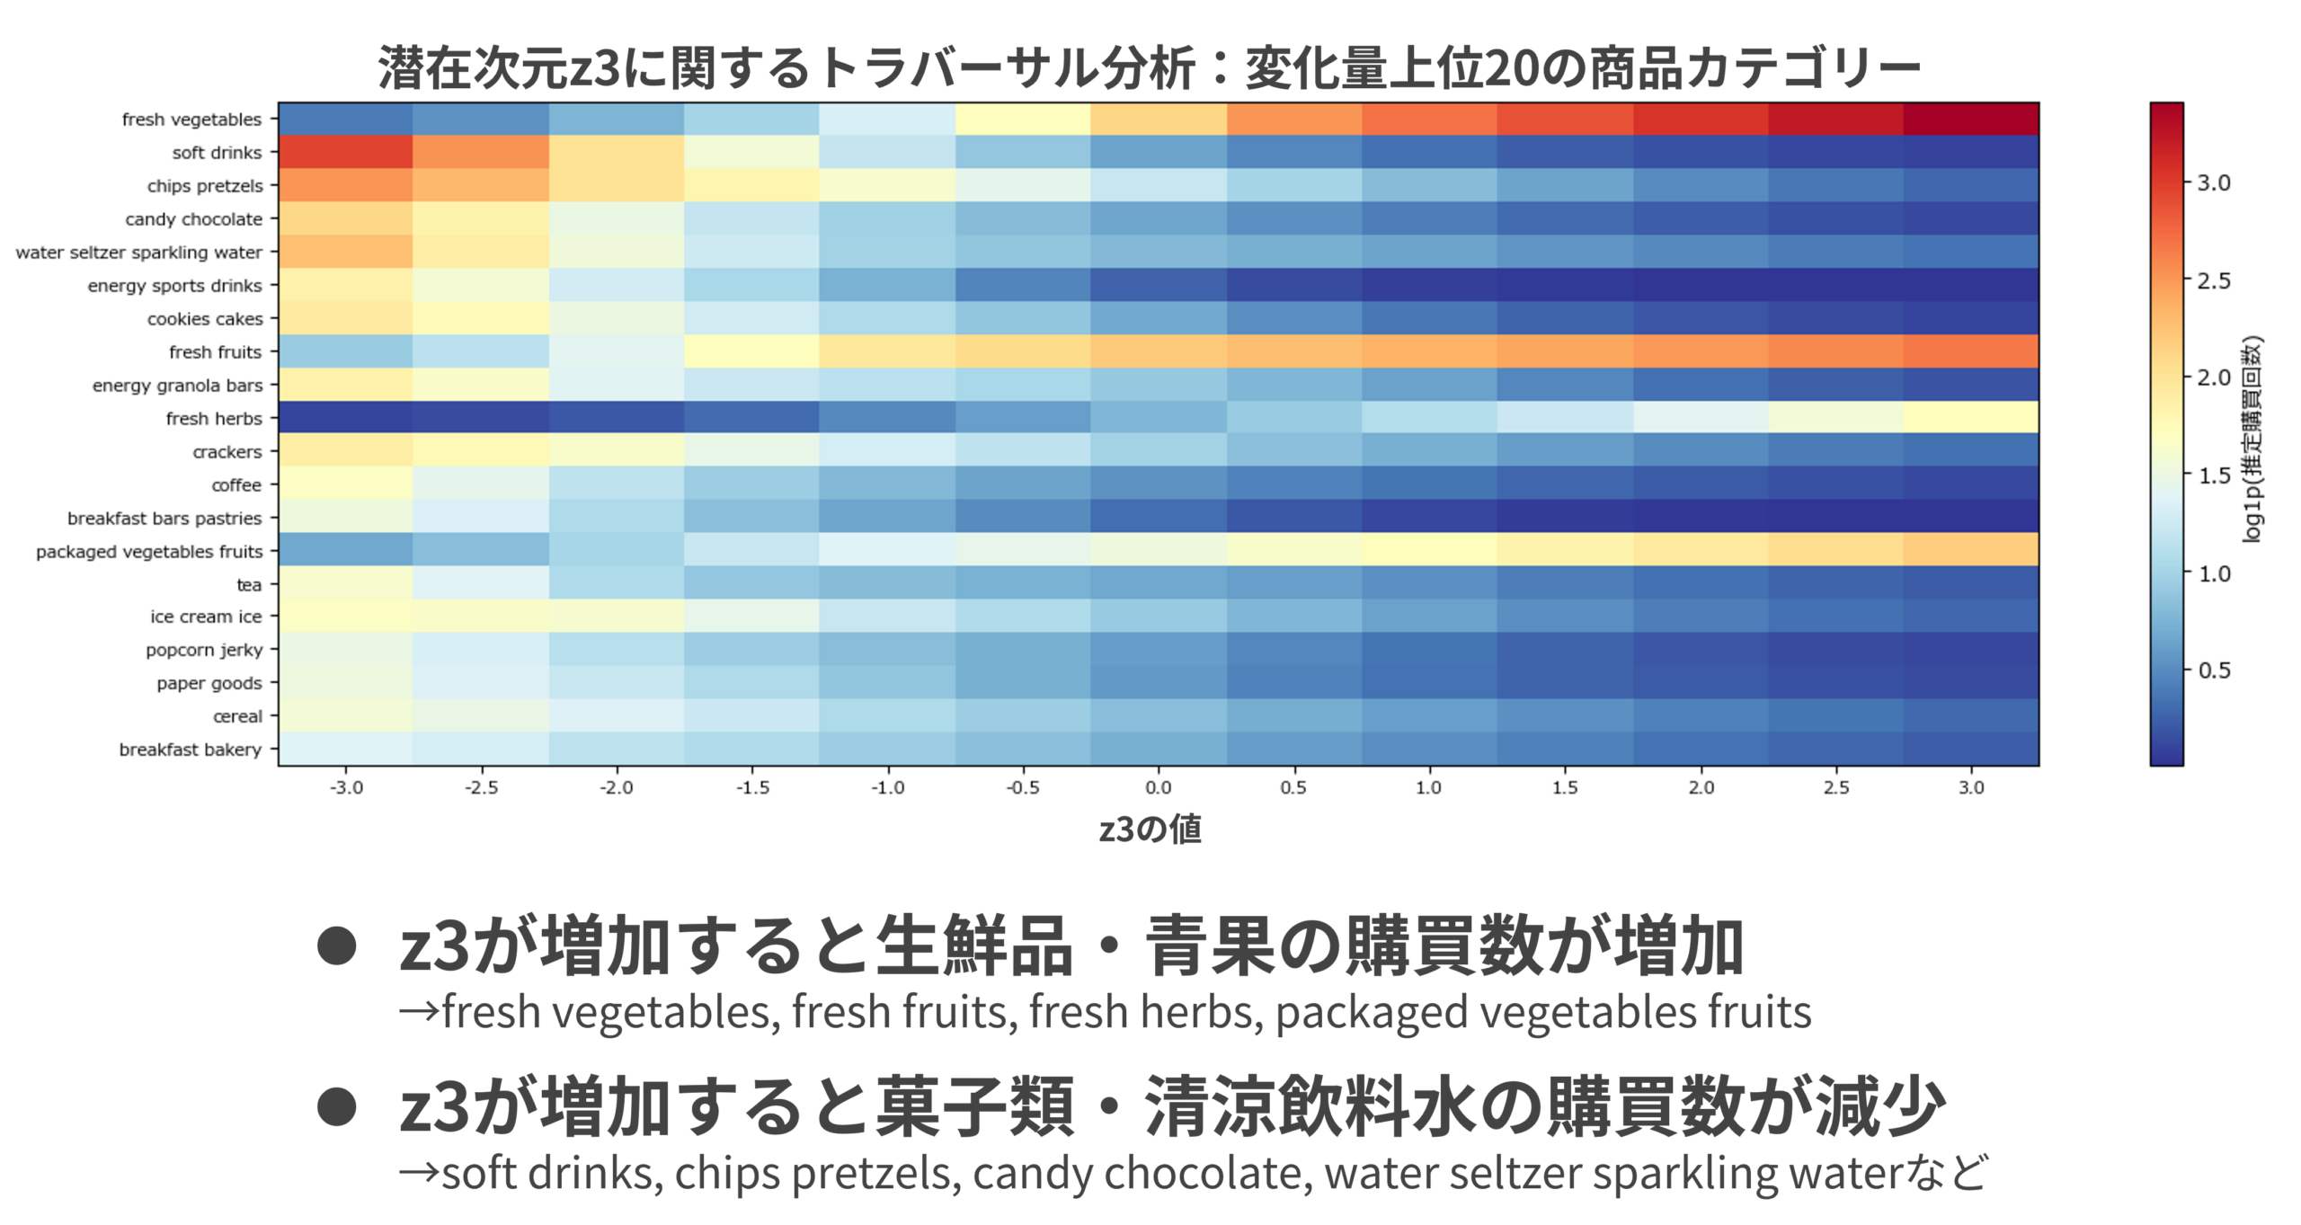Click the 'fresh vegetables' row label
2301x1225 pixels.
pyautogui.click(x=191, y=120)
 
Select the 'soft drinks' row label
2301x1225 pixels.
pyautogui.click(x=217, y=153)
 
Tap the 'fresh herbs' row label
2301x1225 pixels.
pyautogui.click(x=214, y=419)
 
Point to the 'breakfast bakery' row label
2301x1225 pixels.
pyautogui.click(x=191, y=750)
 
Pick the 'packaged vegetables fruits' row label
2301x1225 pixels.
pyautogui.click(x=149, y=552)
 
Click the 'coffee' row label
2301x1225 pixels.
pyautogui.click(x=236, y=485)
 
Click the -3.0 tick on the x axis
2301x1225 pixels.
pyautogui.click(x=346, y=787)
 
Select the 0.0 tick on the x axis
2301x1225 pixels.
pyautogui.click(x=1158, y=787)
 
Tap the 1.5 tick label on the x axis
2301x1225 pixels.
pyautogui.click(x=1564, y=787)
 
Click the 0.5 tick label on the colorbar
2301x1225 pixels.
pyautogui.click(x=2214, y=670)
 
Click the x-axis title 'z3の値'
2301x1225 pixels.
pyautogui.click(x=1150, y=829)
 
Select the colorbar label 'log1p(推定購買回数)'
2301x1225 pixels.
pyautogui.click(x=2252, y=439)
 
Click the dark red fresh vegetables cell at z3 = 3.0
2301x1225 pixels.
pyautogui.click(x=1970, y=120)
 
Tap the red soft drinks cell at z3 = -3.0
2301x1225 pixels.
pyautogui.click(x=346, y=153)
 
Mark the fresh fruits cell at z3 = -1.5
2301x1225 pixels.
pyautogui.click(x=751, y=352)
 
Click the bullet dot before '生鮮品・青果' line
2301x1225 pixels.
pyautogui.click(x=337, y=945)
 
